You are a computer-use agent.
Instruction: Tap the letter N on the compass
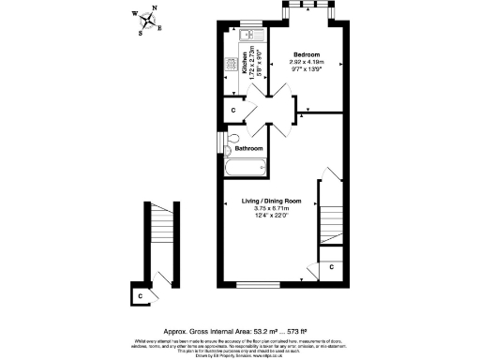154,8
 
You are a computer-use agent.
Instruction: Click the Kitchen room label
246,64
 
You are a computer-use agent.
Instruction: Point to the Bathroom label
248,148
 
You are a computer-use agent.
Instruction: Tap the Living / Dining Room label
272,202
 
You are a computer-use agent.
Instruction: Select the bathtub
247,170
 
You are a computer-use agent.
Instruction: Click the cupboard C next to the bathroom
232,110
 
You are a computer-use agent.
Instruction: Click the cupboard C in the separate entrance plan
141,295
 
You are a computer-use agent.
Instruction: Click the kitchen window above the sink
250,23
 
